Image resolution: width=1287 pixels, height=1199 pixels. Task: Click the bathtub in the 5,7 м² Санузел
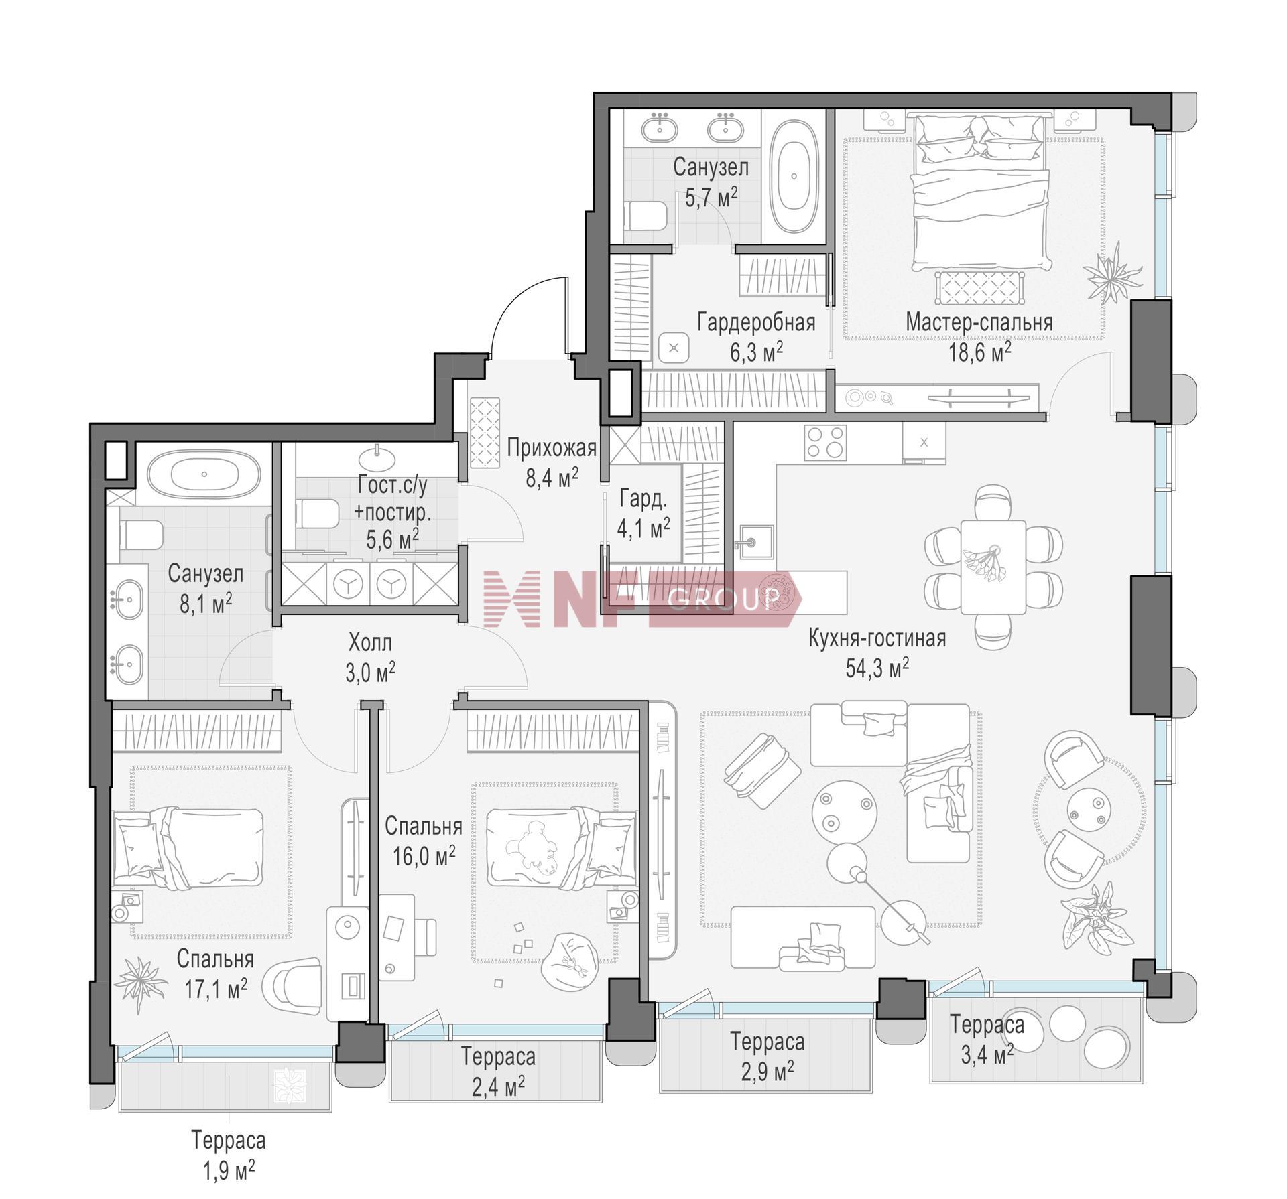click(794, 177)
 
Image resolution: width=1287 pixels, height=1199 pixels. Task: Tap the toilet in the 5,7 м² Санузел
click(646, 216)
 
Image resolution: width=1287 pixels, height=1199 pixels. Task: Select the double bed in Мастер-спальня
click(979, 191)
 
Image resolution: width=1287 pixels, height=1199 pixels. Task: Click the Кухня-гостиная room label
click(877, 638)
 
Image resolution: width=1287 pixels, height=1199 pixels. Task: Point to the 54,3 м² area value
click(877, 668)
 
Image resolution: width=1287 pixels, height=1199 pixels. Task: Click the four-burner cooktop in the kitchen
click(825, 441)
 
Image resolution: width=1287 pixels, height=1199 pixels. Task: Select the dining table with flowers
click(993, 567)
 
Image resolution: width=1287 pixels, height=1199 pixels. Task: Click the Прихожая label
click(552, 447)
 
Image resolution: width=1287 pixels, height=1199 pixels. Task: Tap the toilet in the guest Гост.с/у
click(316, 514)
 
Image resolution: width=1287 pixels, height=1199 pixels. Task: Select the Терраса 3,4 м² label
click(986, 1040)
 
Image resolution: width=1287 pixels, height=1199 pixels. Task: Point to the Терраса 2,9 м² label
click(768, 1056)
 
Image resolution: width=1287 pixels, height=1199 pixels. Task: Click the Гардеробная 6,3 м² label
click(756, 336)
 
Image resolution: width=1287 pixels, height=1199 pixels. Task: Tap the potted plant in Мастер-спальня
click(1112, 272)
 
